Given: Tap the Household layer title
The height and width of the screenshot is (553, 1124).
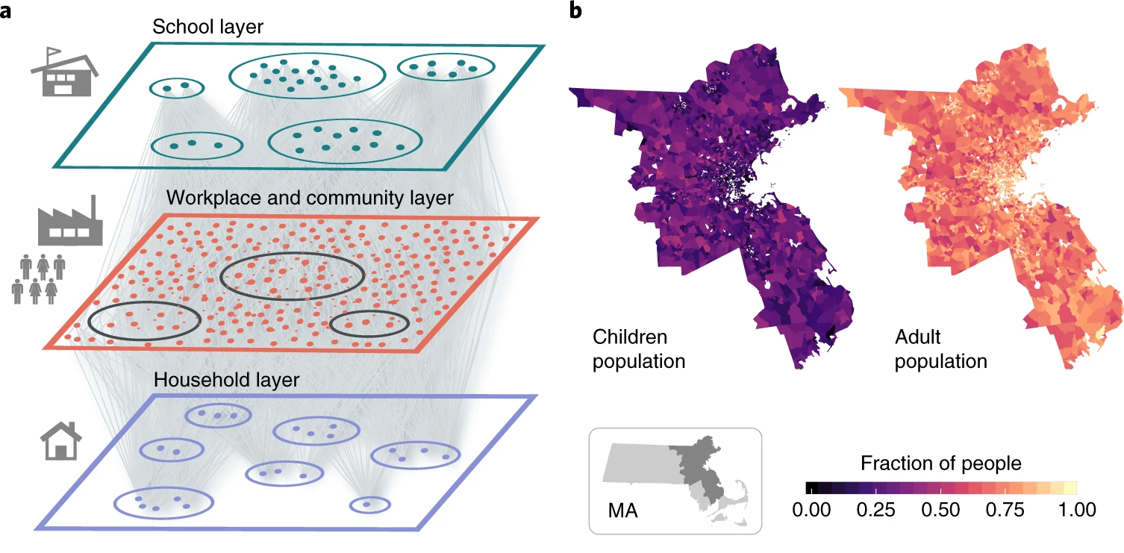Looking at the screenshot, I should tap(226, 379).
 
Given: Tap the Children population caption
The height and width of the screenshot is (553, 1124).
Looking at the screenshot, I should tap(639, 349).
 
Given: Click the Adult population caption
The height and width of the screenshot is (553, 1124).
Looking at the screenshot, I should tap(940, 349).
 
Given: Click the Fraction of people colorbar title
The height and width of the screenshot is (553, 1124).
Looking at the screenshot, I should tap(940, 463).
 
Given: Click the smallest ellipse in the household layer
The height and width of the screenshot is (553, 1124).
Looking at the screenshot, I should tap(369, 504).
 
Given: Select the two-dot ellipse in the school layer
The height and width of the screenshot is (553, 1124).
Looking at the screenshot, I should tap(176, 88).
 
